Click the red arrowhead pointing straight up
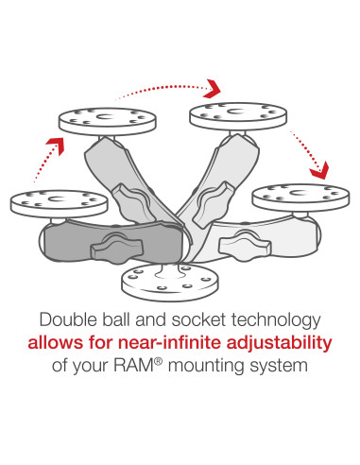click(x=58, y=144)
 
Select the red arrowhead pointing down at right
click(x=320, y=171)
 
